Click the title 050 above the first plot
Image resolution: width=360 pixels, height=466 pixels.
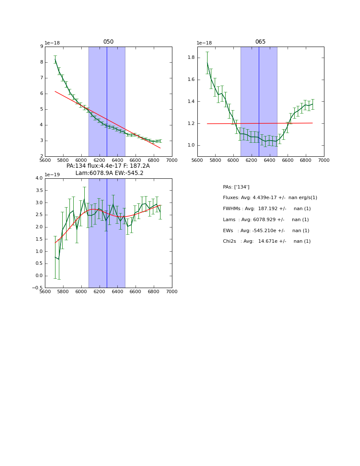[x=108, y=42]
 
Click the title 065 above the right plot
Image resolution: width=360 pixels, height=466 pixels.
[x=260, y=42]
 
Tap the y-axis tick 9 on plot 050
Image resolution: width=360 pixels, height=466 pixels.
[x=42, y=47]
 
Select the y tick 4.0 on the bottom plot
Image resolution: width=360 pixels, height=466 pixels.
[x=39, y=178]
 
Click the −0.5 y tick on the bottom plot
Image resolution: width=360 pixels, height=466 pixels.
[x=38, y=288]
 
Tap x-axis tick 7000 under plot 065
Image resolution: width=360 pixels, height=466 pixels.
[x=324, y=161]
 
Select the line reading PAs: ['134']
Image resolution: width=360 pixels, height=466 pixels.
[x=236, y=187]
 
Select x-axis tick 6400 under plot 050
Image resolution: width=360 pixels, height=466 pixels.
[x=117, y=161]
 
